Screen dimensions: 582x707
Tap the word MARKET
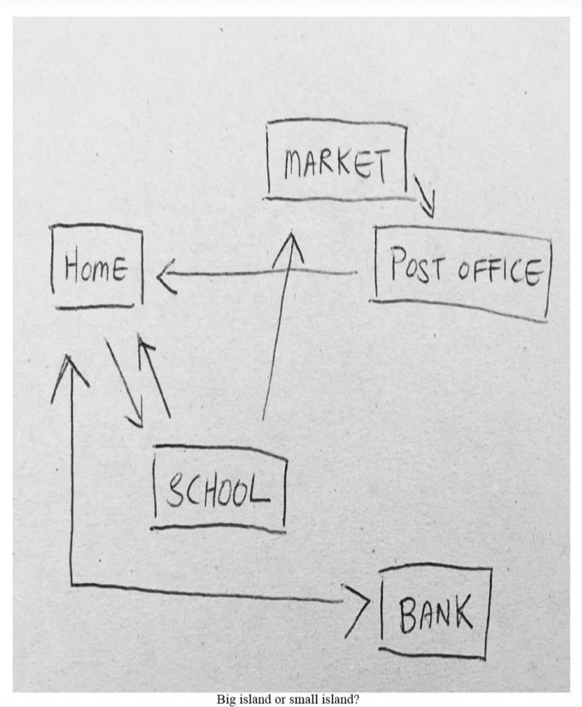point(337,162)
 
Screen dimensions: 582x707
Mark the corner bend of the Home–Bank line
point(72,583)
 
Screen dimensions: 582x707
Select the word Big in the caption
point(226,699)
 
